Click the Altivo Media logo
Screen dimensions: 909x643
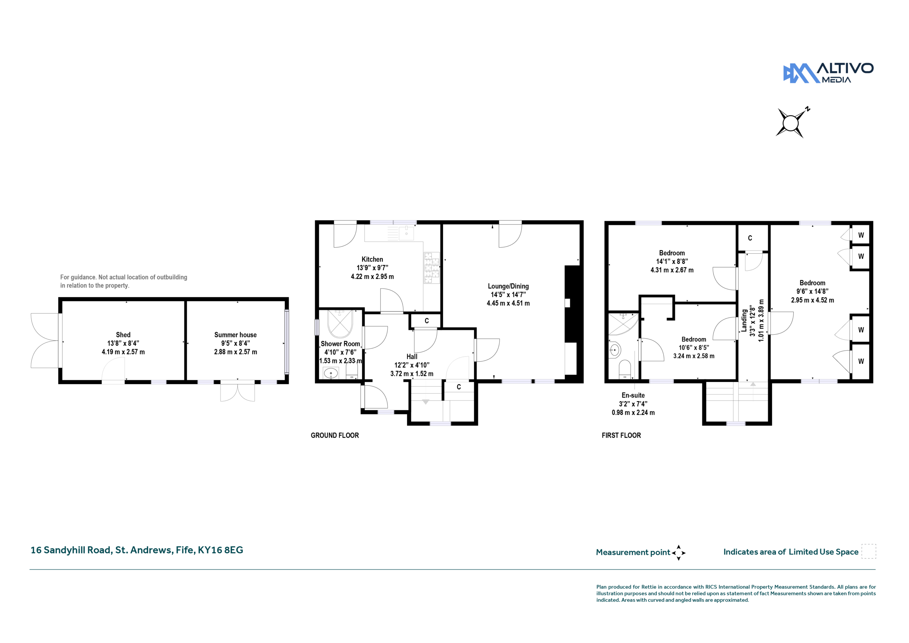pos(828,73)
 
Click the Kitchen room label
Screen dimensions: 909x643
pos(372,259)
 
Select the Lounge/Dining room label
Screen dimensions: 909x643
pos(508,286)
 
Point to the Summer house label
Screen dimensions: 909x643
pos(235,335)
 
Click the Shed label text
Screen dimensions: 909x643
pos(123,335)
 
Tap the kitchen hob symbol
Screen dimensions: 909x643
pos(431,268)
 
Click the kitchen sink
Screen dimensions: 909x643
pos(406,233)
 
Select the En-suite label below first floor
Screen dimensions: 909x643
pos(633,395)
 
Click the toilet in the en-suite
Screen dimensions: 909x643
pos(625,369)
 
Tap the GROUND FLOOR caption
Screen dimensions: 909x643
pos(334,436)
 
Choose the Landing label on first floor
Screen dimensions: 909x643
pos(744,320)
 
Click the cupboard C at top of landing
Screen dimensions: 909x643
pos(750,238)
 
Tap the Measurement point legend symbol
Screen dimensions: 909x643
pos(678,553)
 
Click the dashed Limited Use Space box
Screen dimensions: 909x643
pos(869,551)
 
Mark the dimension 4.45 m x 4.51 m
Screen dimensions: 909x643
pos(508,303)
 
